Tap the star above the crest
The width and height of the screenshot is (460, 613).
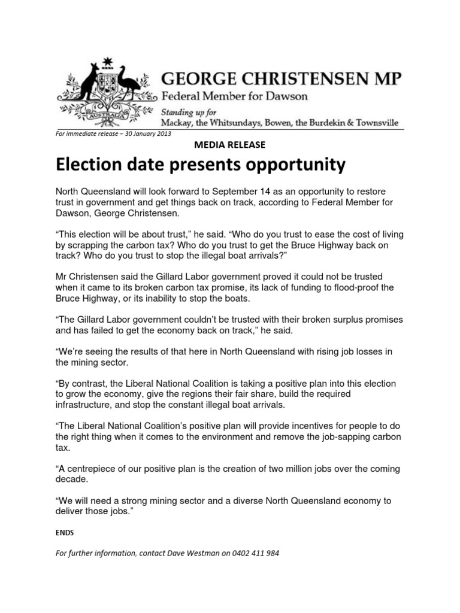[x=108, y=60]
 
